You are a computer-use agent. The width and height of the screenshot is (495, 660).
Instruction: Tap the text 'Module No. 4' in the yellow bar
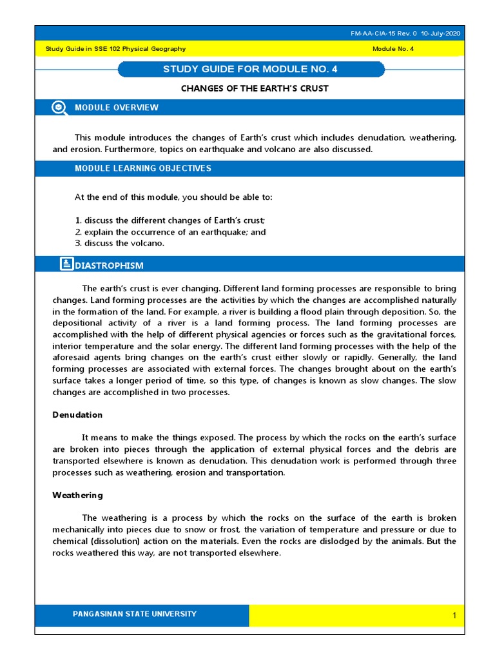point(394,49)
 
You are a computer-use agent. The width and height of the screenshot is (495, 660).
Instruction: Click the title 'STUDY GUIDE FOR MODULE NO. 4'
point(251,69)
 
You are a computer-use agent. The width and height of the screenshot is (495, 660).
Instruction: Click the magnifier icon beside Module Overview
point(59,108)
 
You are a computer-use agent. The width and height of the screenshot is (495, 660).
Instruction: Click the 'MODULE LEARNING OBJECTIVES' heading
point(142,168)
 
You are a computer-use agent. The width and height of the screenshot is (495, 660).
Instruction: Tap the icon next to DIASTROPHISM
point(66,264)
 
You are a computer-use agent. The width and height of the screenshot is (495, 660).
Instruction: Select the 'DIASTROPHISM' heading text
point(110,266)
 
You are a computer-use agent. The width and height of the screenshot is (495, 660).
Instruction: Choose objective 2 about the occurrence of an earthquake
point(170,232)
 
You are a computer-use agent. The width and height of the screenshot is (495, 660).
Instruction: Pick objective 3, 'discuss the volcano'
point(120,243)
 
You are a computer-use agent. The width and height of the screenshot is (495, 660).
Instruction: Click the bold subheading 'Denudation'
point(77,414)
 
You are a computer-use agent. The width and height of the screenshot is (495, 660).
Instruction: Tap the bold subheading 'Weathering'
point(77,496)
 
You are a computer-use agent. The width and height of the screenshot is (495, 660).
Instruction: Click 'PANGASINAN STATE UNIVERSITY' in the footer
point(135,614)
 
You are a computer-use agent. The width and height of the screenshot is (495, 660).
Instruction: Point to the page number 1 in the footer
point(454,616)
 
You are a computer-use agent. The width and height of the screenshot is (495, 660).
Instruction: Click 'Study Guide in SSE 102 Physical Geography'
point(115,49)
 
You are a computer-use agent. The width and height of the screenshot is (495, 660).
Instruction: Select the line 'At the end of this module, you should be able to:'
point(178,197)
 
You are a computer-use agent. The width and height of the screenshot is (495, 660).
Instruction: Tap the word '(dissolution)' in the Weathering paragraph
point(107,541)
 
